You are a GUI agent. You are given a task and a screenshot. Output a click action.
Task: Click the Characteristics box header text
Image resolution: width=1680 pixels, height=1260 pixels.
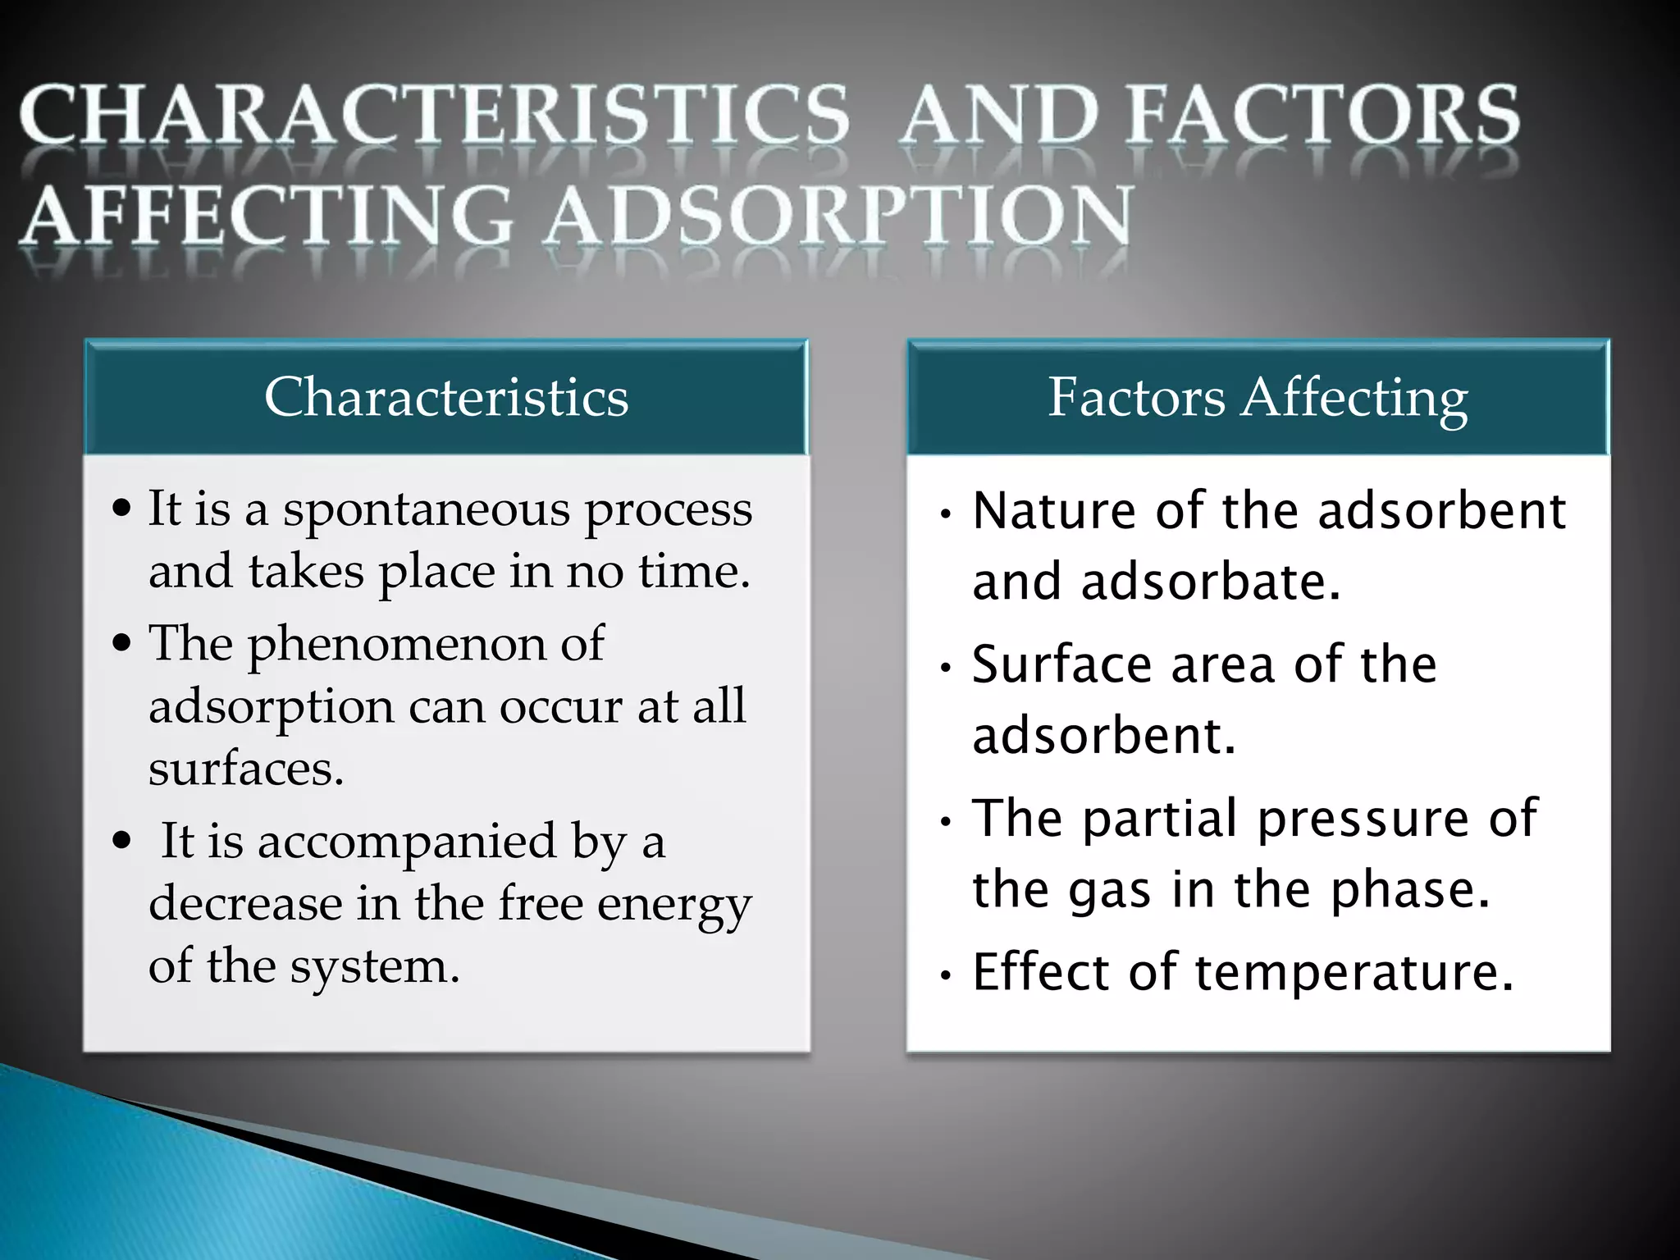pyautogui.click(x=446, y=398)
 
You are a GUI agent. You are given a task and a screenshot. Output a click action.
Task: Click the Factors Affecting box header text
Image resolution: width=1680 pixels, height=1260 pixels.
pyautogui.click(x=1258, y=398)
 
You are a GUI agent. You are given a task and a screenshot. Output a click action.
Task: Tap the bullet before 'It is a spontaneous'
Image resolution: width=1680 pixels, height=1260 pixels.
pyautogui.click(x=122, y=509)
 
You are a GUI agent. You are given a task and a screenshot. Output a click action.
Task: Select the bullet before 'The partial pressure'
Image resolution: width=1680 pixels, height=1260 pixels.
pyautogui.click(x=946, y=821)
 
